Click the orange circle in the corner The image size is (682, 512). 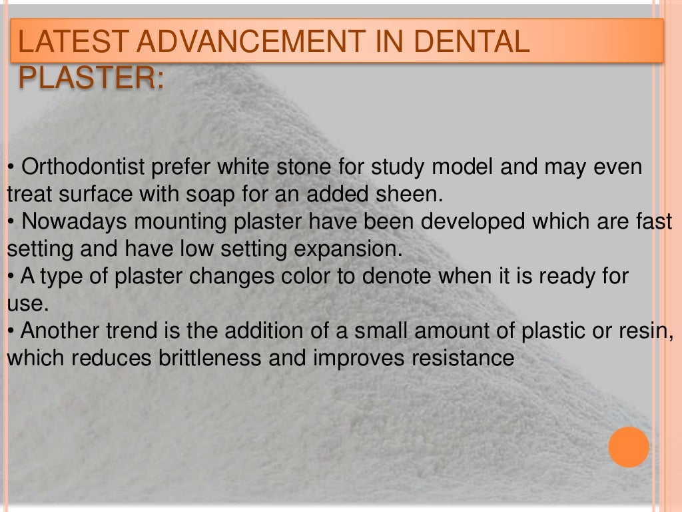click(628, 447)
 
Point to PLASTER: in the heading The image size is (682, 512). click(91, 78)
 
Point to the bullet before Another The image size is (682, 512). click(11, 331)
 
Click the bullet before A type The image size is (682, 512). click(11, 277)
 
